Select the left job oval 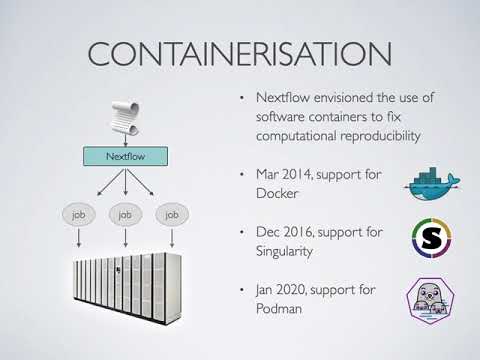pyautogui.click(x=77, y=214)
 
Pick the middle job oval pyautogui.click(x=125, y=214)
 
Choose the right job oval pyautogui.click(x=172, y=214)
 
